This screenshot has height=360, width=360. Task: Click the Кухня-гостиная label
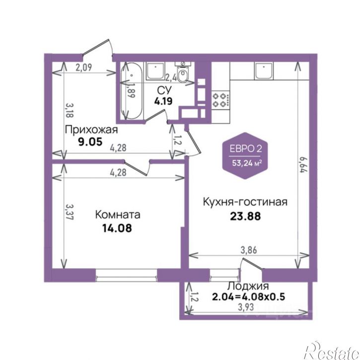(245, 202)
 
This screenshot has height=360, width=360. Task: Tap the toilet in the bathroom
(184, 73)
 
